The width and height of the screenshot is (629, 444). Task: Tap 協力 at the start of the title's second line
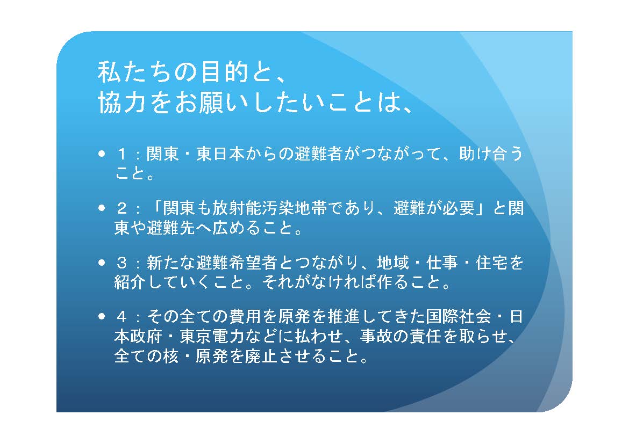(121, 103)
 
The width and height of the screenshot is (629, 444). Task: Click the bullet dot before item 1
(102, 154)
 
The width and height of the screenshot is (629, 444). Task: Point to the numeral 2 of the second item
(122, 208)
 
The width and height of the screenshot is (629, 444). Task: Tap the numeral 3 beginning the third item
(122, 263)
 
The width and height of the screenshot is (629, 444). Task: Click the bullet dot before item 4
(102, 317)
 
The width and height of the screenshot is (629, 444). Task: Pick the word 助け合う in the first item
(491, 154)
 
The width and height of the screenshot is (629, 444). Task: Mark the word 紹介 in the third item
(131, 282)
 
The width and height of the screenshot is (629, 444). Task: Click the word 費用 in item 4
(245, 317)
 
